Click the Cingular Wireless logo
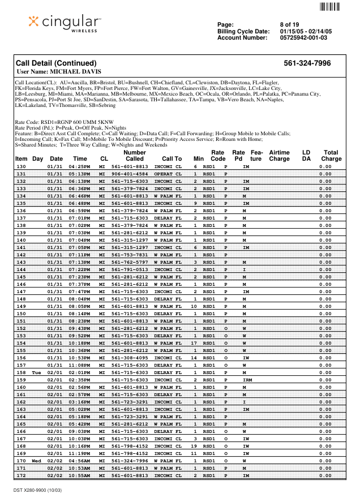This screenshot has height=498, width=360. tap(65, 23)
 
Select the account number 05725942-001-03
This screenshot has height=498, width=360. tap(304, 37)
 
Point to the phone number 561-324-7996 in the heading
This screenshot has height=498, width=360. tap(307, 63)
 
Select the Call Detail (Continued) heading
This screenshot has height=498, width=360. tap(56, 63)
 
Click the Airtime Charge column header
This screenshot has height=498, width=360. tap(279, 156)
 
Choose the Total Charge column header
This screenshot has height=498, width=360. tap(331, 156)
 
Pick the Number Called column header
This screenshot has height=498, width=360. tap(134, 156)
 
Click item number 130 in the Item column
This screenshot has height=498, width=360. tap(22, 167)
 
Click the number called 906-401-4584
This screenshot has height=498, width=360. tap(130, 174)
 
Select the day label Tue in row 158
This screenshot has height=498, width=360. tap(37, 373)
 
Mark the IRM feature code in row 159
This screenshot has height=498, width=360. tap(247, 381)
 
